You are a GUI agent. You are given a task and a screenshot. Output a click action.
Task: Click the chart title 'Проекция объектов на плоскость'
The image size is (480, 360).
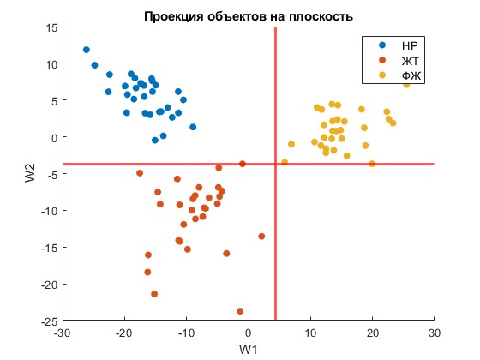(249, 16)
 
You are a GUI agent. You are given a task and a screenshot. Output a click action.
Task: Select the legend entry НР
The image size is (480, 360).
(398, 45)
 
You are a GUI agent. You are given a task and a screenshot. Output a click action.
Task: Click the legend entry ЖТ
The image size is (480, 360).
(399, 61)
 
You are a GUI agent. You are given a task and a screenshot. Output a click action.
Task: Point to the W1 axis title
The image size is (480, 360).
(249, 350)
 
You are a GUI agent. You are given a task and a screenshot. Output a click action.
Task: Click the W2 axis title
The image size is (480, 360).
(30, 173)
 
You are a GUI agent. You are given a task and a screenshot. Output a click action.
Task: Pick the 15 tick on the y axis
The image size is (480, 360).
(51, 27)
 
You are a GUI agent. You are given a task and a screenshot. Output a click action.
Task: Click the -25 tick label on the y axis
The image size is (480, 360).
(50, 321)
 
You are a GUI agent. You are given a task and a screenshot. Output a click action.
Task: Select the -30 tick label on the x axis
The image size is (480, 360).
(63, 333)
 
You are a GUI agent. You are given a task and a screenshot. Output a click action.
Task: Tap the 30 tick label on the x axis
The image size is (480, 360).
(435, 333)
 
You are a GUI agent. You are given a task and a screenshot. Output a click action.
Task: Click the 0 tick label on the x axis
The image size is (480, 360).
(249, 333)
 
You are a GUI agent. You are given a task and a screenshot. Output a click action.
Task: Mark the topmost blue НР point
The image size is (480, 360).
(87, 50)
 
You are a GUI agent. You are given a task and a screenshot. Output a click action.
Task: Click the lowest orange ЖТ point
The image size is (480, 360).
(240, 311)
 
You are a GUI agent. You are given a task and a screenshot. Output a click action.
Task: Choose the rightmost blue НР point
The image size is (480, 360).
(193, 127)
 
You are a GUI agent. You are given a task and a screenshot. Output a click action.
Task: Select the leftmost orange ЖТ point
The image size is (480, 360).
(140, 173)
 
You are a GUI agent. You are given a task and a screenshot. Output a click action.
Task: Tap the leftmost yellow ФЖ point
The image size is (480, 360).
(285, 162)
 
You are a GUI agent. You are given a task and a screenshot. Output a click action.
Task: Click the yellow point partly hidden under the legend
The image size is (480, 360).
(406, 85)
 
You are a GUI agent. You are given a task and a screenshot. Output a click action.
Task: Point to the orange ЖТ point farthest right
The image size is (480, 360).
(261, 237)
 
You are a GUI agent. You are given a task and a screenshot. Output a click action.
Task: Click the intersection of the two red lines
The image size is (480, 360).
(275, 164)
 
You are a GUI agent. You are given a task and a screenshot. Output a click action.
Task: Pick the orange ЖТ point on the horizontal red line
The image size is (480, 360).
(243, 164)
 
